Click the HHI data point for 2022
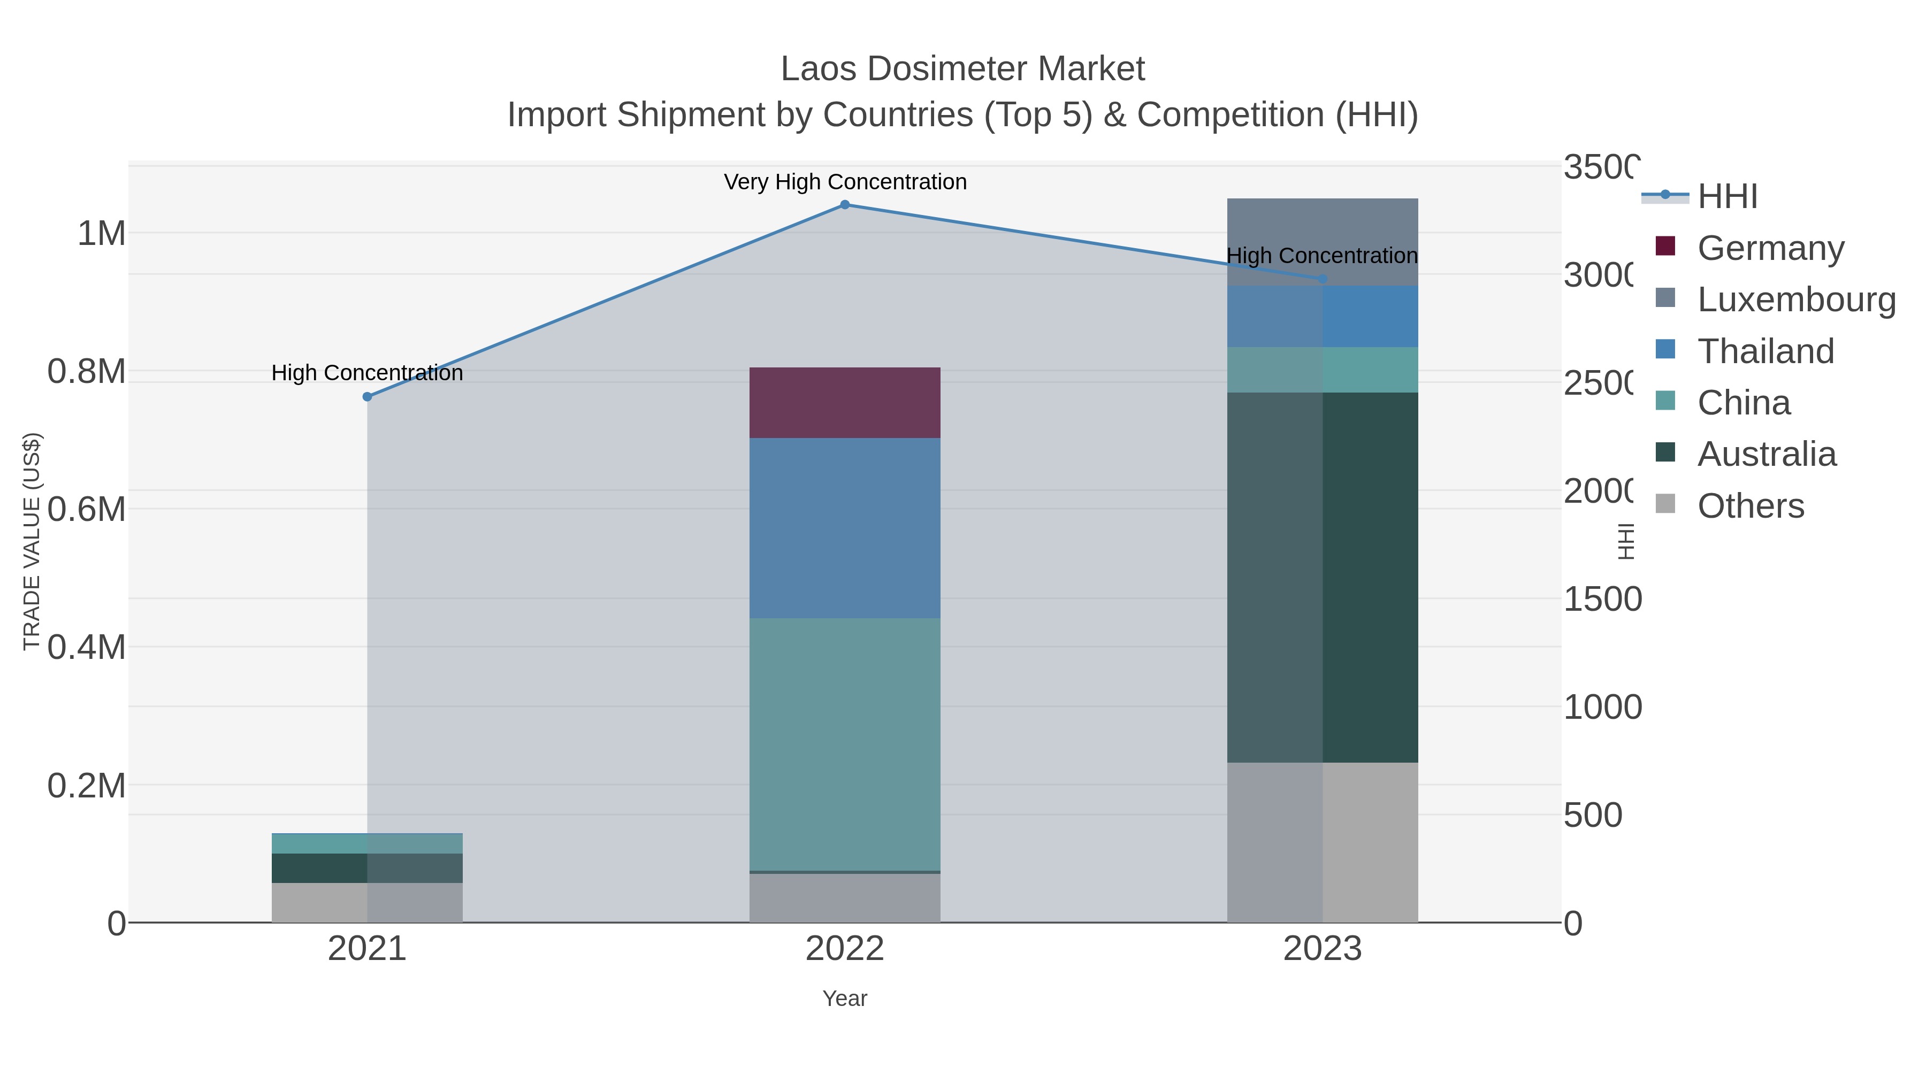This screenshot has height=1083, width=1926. click(x=844, y=205)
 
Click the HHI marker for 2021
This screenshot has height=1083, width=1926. click(x=367, y=397)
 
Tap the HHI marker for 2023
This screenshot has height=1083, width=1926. click(x=1323, y=279)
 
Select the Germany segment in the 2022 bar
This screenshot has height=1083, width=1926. click(x=844, y=403)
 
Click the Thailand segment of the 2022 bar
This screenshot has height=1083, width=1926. click(x=844, y=528)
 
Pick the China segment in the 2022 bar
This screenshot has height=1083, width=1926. click(x=844, y=744)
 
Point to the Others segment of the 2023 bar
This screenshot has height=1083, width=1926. click(x=1322, y=842)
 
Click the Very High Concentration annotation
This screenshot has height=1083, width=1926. click(x=845, y=182)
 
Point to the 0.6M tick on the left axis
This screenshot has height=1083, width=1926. click(x=87, y=510)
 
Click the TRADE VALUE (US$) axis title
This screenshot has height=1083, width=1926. click(x=32, y=541)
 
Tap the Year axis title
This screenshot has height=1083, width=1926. click(x=844, y=998)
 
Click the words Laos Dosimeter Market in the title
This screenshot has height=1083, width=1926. click(x=962, y=70)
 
